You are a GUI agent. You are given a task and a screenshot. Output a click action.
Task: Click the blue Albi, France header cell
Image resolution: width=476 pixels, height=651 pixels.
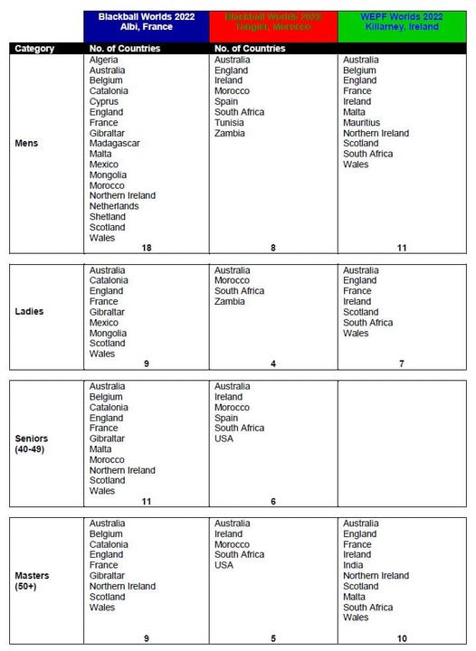point(146,22)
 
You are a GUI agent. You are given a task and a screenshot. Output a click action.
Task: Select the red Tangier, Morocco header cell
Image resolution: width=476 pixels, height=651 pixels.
point(272,22)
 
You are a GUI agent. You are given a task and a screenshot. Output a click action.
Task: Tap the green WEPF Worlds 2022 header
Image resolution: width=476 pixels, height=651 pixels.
point(403,22)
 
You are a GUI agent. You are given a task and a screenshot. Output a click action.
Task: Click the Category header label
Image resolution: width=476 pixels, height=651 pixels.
point(34,48)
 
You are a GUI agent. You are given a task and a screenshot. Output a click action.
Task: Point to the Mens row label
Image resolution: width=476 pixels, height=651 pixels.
point(28,144)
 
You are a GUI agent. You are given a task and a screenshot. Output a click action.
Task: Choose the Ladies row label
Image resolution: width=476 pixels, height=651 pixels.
point(31,312)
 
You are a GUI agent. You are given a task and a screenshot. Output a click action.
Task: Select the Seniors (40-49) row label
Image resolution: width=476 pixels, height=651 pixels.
point(33,444)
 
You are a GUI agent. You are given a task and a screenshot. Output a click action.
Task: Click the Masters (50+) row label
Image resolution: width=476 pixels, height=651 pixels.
point(33,580)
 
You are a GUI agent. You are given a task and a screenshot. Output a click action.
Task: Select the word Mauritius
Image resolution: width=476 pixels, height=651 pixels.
point(361,122)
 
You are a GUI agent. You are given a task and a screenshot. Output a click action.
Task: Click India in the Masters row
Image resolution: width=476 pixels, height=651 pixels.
point(353,565)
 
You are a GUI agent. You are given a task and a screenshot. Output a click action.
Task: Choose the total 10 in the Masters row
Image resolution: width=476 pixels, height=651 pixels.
point(402,638)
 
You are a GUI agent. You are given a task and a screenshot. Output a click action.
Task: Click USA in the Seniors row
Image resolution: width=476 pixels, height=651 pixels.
point(224,439)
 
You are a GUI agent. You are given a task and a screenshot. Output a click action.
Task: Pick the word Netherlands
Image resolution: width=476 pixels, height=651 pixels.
point(114,206)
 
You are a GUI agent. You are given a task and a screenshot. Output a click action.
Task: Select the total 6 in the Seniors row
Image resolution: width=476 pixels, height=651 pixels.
point(272,502)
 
